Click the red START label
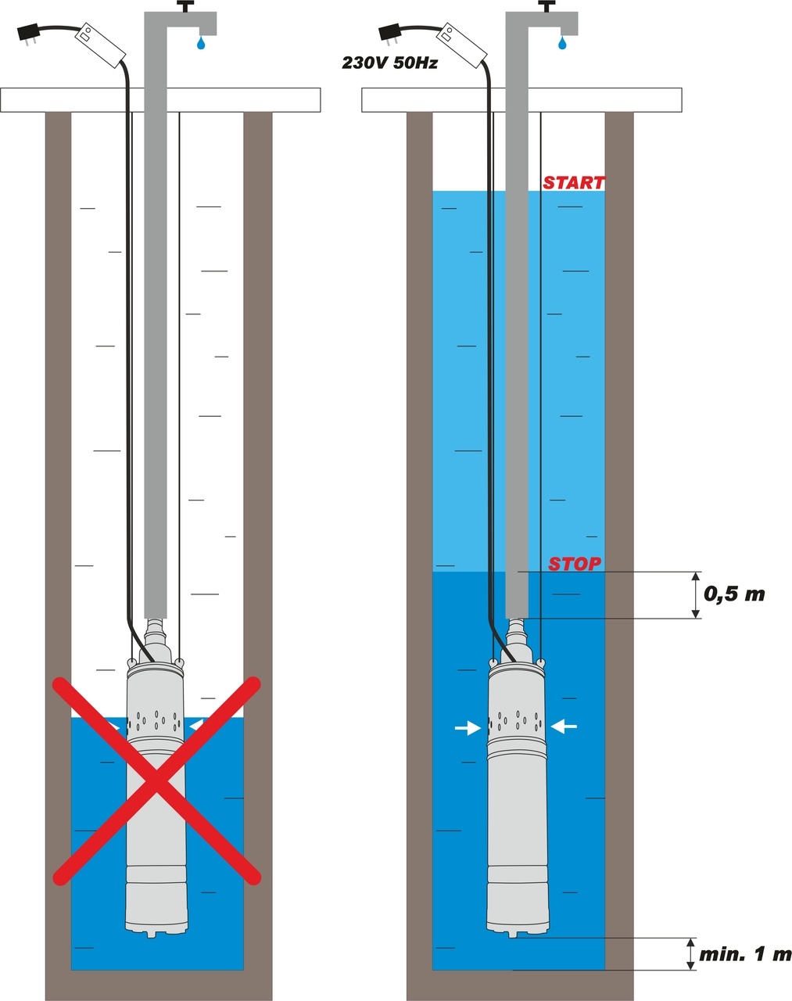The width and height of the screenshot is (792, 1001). coord(574,183)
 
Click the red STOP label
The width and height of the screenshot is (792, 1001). coord(575,564)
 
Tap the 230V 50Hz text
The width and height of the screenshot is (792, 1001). coord(389,63)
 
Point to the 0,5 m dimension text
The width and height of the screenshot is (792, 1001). coord(734,594)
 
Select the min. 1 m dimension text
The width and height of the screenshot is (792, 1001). coord(745,955)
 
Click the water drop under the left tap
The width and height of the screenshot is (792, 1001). coord(202,42)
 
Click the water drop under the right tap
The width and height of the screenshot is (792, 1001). coord(561,42)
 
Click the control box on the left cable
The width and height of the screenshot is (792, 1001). coord(99,44)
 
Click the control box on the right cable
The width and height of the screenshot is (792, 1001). coord(461,44)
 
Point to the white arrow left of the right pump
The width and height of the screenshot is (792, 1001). coord(468,728)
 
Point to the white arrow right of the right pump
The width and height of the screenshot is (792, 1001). coord(564,727)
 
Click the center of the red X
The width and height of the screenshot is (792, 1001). coord(156,780)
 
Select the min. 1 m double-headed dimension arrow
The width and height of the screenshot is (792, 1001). coord(690,954)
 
